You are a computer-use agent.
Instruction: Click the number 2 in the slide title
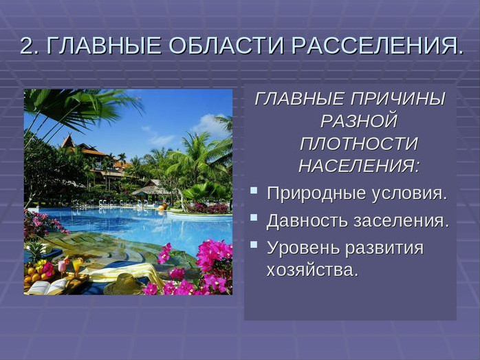pyautogui.click(x=26, y=45)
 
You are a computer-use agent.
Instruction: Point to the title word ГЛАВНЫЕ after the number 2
pyautogui.click(x=104, y=45)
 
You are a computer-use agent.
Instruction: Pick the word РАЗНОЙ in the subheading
pyautogui.click(x=359, y=121)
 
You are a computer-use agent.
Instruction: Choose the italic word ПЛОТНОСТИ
pyautogui.click(x=359, y=144)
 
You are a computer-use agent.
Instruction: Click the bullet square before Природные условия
pyautogui.click(x=254, y=190)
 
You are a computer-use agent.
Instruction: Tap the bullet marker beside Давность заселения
pyautogui.click(x=254, y=218)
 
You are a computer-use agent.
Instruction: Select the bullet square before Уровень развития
pyautogui.click(x=254, y=244)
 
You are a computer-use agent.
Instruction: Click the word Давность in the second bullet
pyautogui.click(x=307, y=220)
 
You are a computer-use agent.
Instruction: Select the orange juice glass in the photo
pyautogui.click(x=76, y=266)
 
